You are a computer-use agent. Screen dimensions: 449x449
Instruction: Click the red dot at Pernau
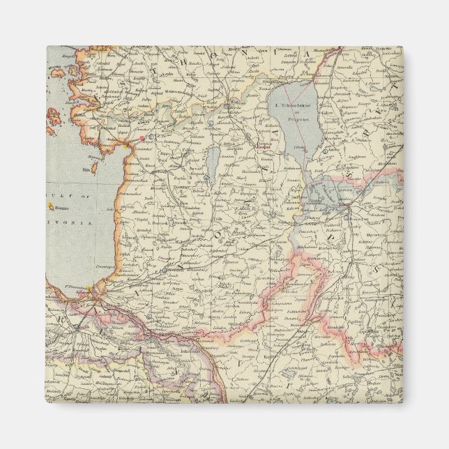[141, 138]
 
